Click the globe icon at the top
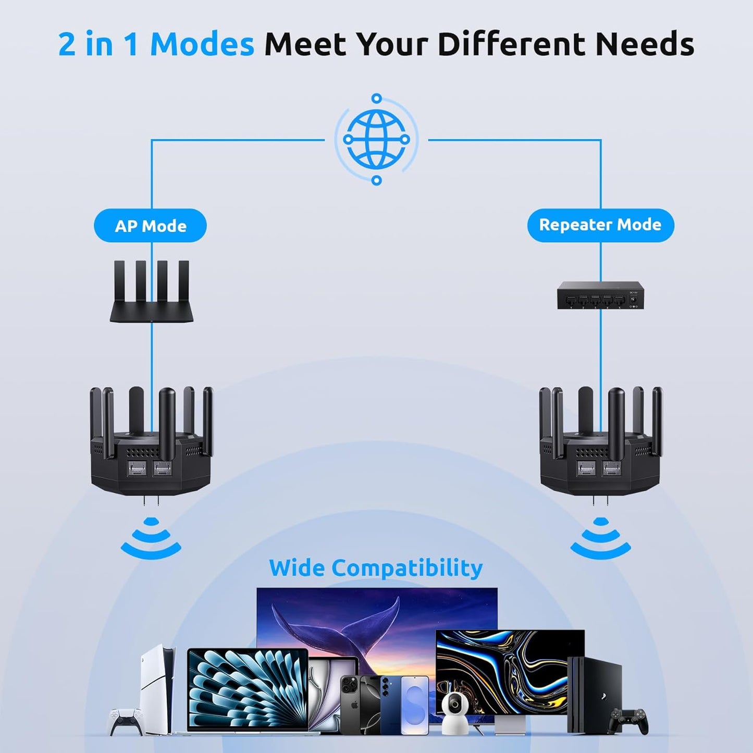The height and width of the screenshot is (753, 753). click(x=376, y=139)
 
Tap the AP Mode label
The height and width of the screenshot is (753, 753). click(x=150, y=226)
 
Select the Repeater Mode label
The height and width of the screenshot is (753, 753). click(x=600, y=225)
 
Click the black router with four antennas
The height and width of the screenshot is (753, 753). click(x=151, y=292)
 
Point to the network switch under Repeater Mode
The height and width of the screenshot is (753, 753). click(x=600, y=295)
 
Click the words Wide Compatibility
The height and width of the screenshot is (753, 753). click(x=376, y=567)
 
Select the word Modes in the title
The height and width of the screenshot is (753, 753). click(x=202, y=44)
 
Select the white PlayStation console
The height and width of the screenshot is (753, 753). click(x=156, y=688)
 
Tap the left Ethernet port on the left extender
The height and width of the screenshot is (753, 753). click(x=137, y=468)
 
